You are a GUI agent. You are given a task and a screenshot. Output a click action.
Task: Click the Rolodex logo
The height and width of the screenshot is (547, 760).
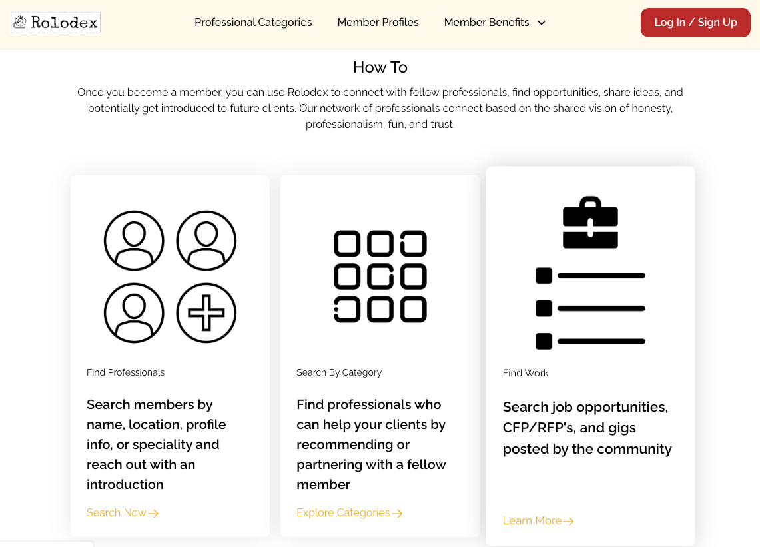point(56,22)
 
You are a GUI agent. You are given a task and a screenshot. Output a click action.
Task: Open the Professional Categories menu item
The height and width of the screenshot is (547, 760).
point(253,22)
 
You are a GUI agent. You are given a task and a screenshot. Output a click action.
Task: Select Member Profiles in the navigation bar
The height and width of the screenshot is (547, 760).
point(378,22)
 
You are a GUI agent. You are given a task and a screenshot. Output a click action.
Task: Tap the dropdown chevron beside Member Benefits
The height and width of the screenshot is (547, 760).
point(542,23)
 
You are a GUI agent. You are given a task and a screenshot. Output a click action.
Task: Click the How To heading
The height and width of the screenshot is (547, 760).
point(380,67)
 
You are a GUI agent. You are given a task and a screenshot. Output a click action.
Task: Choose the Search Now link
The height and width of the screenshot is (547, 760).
point(123,513)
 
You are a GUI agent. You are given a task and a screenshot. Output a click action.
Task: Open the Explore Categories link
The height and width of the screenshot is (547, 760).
point(350,513)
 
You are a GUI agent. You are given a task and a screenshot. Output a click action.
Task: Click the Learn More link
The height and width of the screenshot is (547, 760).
point(538,521)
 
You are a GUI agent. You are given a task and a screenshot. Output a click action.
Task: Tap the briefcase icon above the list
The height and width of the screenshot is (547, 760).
point(590,222)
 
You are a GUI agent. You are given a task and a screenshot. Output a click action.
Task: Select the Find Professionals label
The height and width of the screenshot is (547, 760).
point(125,372)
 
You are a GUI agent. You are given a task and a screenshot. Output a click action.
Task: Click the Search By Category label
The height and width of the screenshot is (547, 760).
point(339,372)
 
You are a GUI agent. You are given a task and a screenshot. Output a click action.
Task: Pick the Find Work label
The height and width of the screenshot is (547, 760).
point(526,373)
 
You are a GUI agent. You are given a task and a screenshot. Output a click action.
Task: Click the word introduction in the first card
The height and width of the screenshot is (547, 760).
point(125,484)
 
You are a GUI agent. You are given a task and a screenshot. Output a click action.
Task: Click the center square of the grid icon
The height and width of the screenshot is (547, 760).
point(380,276)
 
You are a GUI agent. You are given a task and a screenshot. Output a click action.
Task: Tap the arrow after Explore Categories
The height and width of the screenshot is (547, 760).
point(397,514)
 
